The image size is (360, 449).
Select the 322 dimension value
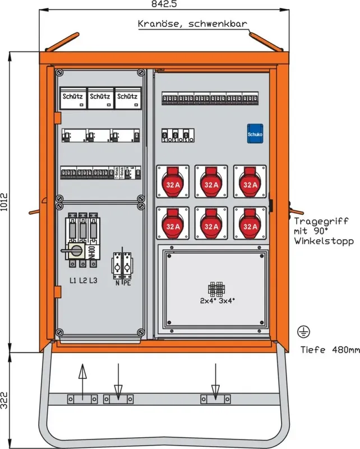pyautogui.click(x=5, y=398)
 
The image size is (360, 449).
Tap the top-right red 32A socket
pyautogui.click(x=248, y=182)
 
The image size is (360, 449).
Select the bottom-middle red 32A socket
pyautogui.click(x=211, y=224)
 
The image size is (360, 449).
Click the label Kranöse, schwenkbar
pyautogui.click(x=192, y=24)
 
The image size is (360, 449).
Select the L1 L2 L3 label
pyautogui.click(x=83, y=280)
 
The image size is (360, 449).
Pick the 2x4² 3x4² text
pyautogui.click(x=217, y=300)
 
